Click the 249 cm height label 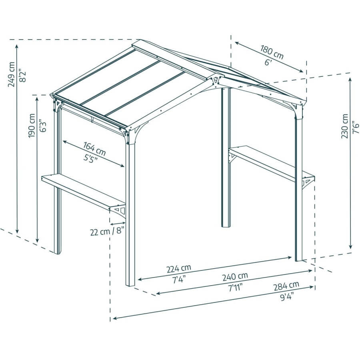[x=11, y=74]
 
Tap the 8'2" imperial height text [x=23, y=75]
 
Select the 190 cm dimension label [x=32, y=126]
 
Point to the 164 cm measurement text [x=94, y=149]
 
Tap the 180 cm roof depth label [x=272, y=52]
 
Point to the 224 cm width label [x=179, y=269]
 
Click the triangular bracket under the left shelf [x=119, y=210]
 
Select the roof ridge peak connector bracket [x=215, y=82]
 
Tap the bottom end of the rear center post [x=226, y=226]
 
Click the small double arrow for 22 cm [x=118, y=223]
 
